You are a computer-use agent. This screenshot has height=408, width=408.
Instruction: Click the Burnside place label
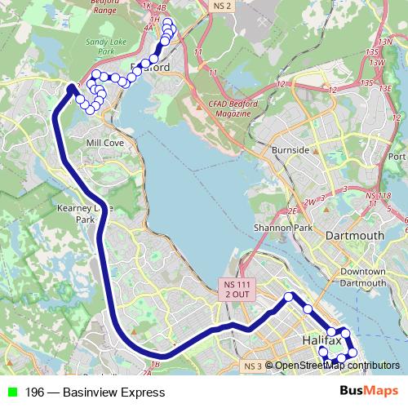(x=291, y=150)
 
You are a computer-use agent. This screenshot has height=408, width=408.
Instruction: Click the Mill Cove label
(x=104, y=142)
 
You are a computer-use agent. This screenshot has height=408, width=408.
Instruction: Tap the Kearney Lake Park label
(x=85, y=214)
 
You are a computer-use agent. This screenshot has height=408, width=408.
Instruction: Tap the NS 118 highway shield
(x=378, y=196)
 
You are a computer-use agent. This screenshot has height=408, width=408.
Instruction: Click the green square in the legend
(x=11, y=392)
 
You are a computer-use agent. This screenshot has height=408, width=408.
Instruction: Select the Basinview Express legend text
(x=95, y=392)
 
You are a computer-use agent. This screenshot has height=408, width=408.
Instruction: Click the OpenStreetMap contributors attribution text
(x=336, y=366)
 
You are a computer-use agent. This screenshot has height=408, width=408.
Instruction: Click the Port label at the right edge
(x=397, y=157)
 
